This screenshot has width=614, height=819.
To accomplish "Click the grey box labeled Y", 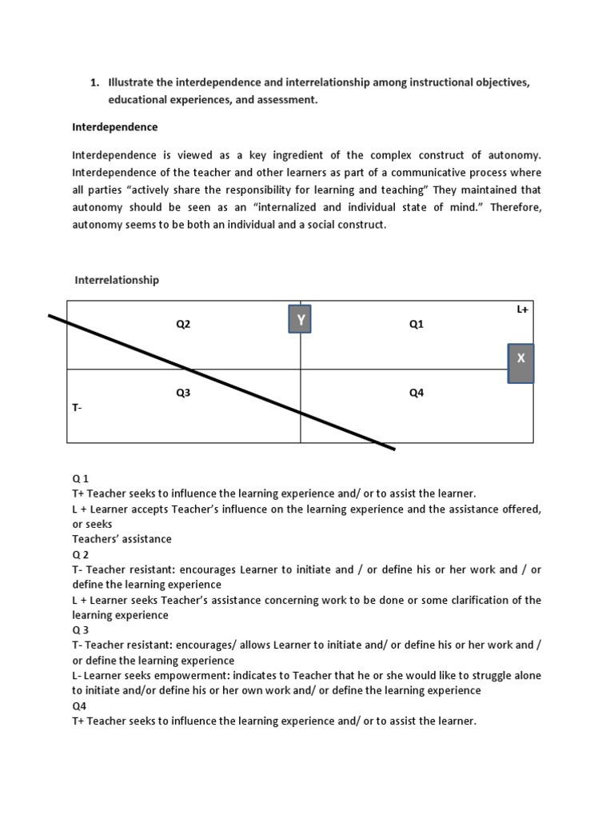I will click(301, 320).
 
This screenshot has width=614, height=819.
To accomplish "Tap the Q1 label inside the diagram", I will click(416, 324).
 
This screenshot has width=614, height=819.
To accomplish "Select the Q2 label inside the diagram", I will click(183, 324).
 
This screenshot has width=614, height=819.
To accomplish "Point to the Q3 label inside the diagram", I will click(183, 393).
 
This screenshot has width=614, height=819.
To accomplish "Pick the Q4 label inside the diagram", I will click(416, 393).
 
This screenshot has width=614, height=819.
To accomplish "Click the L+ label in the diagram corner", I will click(523, 308).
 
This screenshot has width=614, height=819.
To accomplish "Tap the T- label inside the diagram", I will click(78, 407).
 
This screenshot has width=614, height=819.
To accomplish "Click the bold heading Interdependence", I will click(115, 127).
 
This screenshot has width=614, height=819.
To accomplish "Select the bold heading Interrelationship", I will click(117, 280).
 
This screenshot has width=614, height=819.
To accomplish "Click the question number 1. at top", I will click(94, 82).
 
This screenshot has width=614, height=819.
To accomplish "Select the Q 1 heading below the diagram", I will click(81, 478).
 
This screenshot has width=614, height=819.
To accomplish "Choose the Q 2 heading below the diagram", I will click(81, 554).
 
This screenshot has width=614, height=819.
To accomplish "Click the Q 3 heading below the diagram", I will click(81, 630).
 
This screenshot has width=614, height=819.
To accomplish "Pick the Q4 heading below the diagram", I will click(79, 706).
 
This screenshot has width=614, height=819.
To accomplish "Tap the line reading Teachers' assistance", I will click(122, 539).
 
